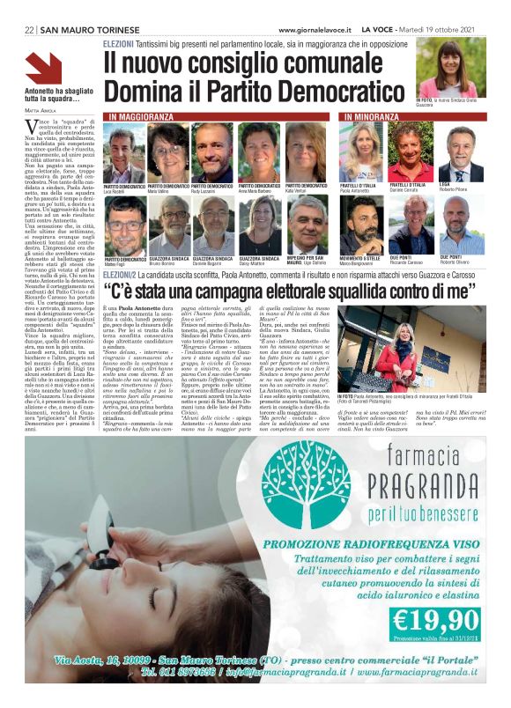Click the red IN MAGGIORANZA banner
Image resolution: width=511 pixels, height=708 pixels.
(x=143, y=116)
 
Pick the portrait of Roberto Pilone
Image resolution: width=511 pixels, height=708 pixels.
(x=462, y=152)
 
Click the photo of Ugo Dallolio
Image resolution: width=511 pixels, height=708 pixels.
(x=307, y=225)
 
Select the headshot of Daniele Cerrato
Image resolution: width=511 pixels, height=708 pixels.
(x=411, y=152)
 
